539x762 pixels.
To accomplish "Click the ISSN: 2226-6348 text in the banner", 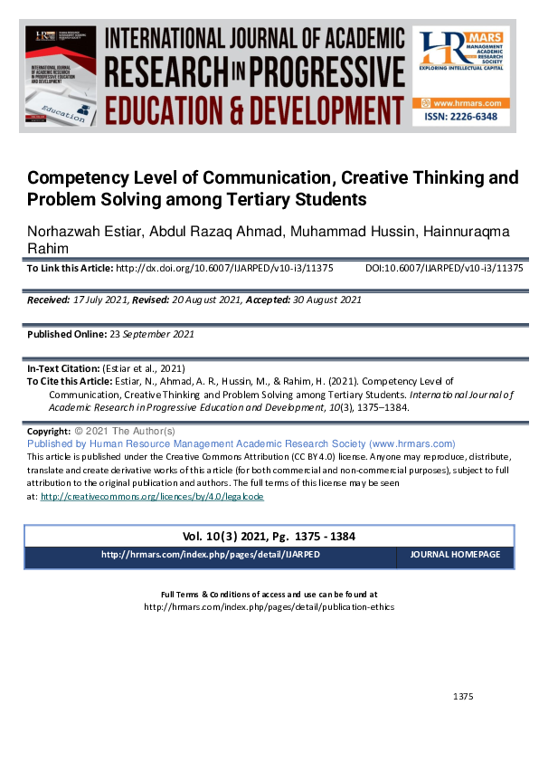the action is click(461, 118).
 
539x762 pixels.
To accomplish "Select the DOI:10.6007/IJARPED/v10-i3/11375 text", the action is click(444, 269).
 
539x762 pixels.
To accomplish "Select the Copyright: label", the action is click(49, 433).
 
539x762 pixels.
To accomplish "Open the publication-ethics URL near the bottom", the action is click(269, 607).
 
